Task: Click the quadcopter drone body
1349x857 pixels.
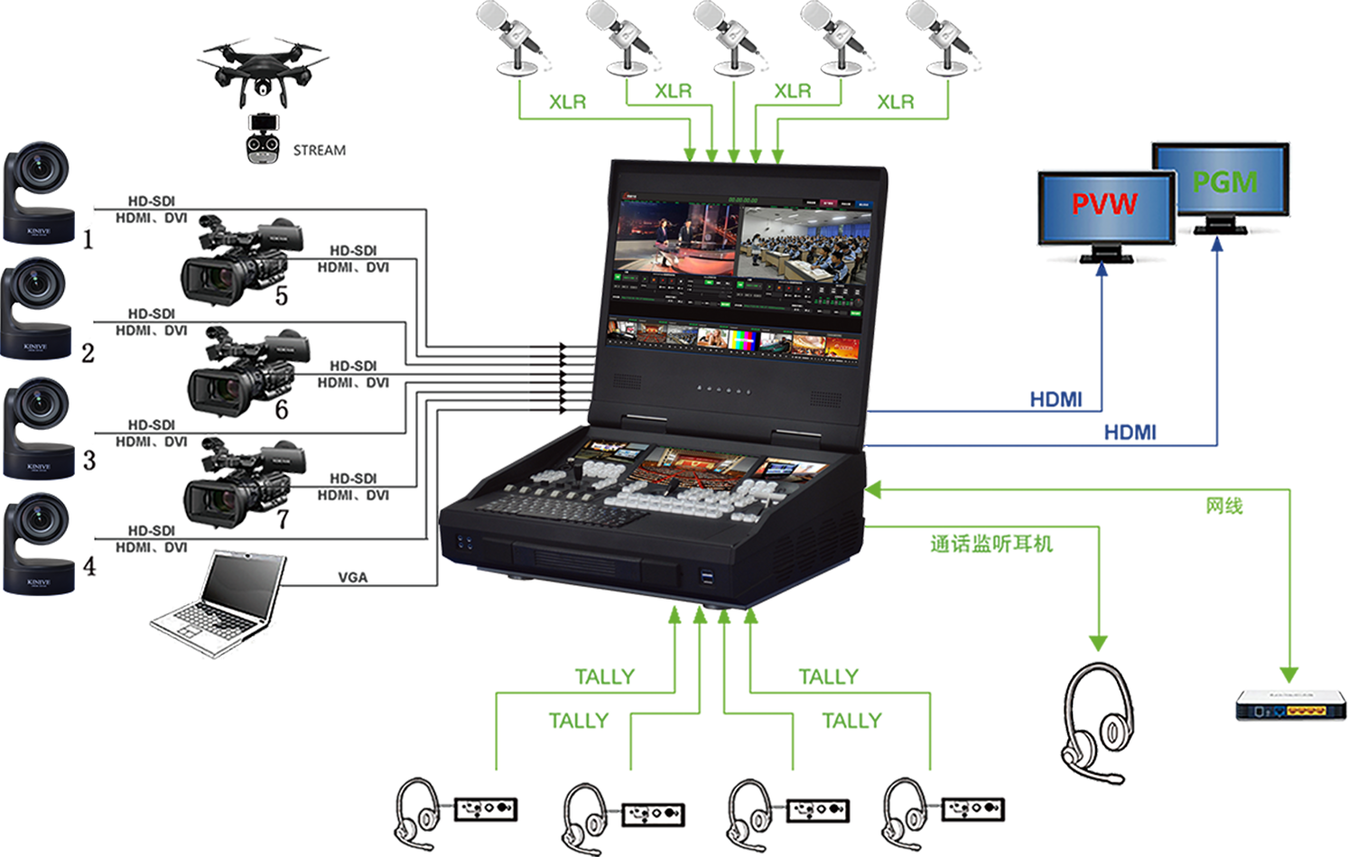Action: point(262,63)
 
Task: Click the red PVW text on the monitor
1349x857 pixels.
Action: point(1104,204)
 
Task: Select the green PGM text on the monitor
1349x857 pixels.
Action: point(1224,182)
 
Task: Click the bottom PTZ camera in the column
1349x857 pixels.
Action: point(41,542)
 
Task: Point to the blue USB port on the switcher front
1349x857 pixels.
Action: point(706,575)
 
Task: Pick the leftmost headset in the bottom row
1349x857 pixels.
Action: point(417,809)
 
